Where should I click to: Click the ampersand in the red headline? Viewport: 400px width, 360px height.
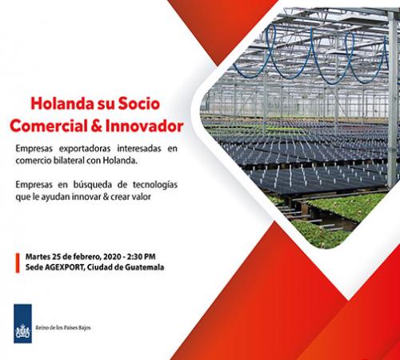pyautogui.click(x=96, y=126)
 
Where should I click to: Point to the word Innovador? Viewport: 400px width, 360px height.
pyautogui.click(x=144, y=126)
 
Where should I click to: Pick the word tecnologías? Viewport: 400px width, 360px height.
pyautogui.click(x=155, y=185)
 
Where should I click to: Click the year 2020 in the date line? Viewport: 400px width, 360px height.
pyautogui.click(x=112, y=257)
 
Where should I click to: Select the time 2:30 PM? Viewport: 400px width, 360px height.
pyautogui.click(x=142, y=257)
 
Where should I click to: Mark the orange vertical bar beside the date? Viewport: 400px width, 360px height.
pyautogui.click(x=18, y=263)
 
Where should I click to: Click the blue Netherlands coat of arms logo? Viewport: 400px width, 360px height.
pyautogui.click(x=22, y=323)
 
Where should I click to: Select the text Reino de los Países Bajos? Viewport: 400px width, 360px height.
pyautogui.click(x=63, y=328)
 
